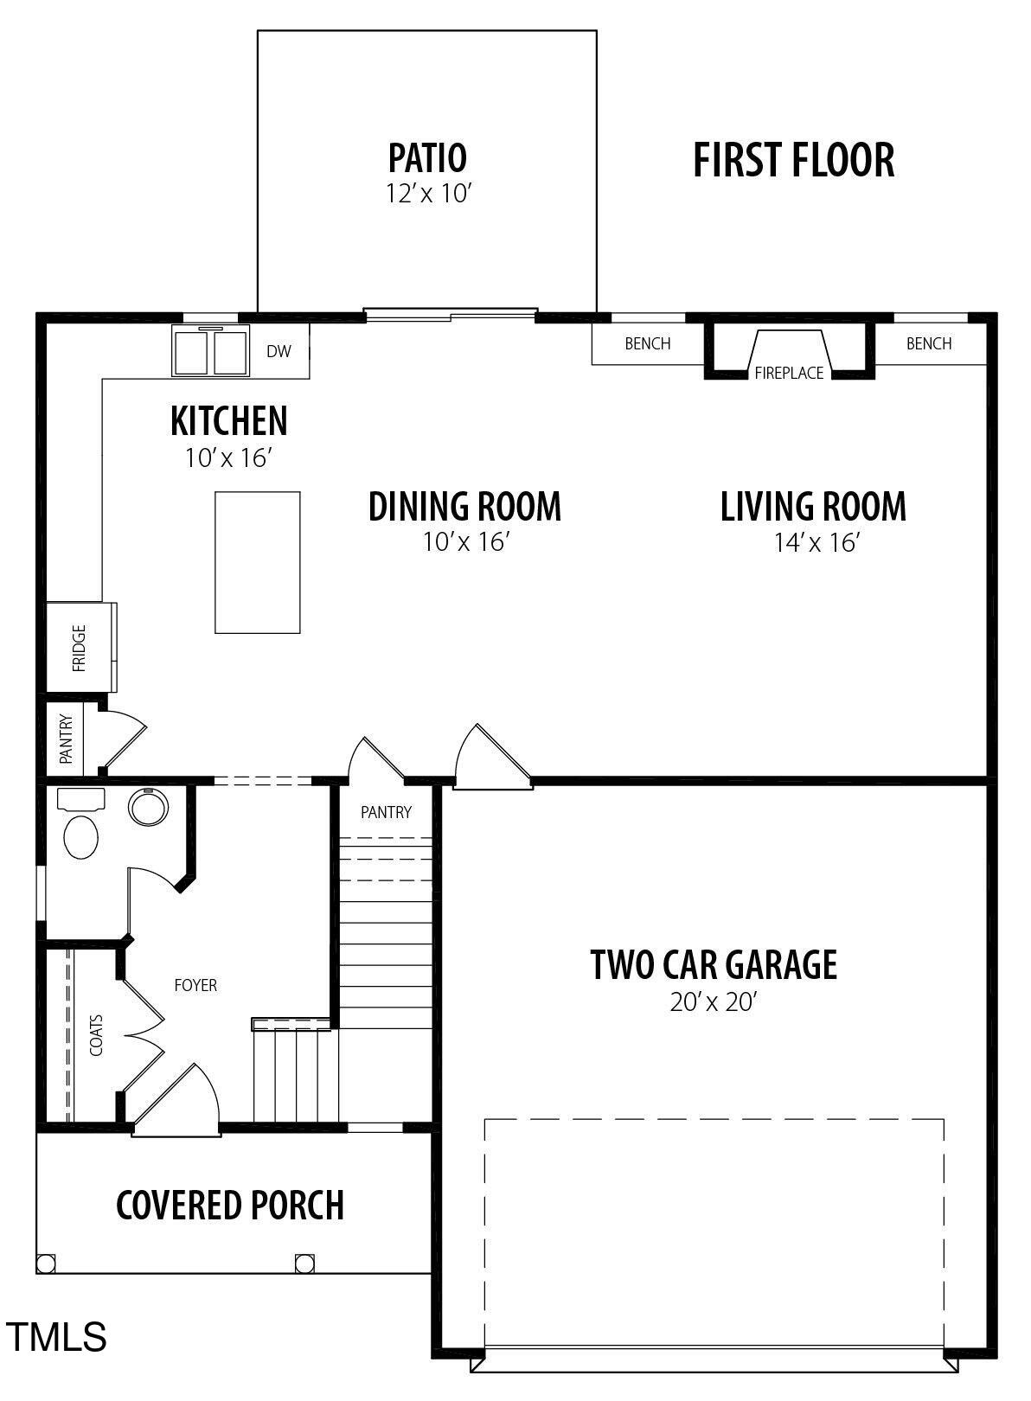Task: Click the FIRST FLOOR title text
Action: (793, 161)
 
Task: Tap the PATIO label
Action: (427, 158)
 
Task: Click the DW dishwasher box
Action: (279, 351)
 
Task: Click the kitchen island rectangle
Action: (258, 562)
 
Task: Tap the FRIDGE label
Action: (79, 648)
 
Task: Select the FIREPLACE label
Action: (789, 374)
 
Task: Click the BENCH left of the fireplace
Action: (648, 343)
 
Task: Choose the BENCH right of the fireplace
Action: (929, 343)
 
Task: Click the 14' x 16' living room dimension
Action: (816, 543)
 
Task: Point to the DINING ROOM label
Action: (464, 507)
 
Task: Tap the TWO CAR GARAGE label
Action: (714, 965)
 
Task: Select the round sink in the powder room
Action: (148, 807)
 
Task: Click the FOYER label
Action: (195, 985)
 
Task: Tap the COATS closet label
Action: (96, 1035)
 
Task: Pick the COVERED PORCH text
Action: (230, 1205)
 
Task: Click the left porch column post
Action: (46, 1263)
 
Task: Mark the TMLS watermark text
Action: (57, 1336)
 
